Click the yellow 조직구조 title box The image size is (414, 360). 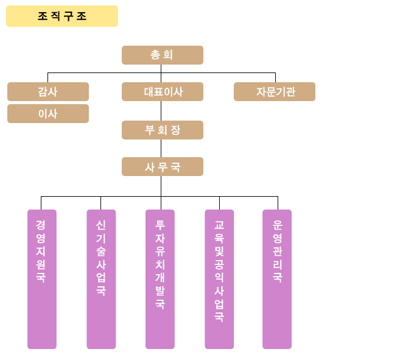(x=62, y=16)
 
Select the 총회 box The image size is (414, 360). (x=163, y=55)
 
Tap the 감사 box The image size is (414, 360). (x=48, y=91)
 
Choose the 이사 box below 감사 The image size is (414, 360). (x=48, y=113)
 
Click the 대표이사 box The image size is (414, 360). (x=163, y=91)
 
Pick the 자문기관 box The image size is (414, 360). (x=275, y=91)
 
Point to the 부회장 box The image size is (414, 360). (x=163, y=130)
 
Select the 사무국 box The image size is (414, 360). (x=163, y=167)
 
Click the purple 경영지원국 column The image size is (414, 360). (x=42, y=279)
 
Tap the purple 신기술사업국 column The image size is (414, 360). (x=101, y=279)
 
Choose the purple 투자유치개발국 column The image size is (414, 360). (x=160, y=279)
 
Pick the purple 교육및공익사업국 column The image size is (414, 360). (x=219, y=279)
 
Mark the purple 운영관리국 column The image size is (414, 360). (x=277, y=279)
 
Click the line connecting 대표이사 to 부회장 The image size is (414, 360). (x=161, y=111)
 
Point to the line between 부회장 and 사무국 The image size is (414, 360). (x=161, y=149)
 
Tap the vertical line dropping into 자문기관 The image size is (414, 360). (x=275, y=77)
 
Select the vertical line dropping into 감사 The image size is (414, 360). (x=47, y=77)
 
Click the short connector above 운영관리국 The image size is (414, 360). (x=278, y=203)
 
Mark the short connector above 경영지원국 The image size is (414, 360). (x=41, y=203)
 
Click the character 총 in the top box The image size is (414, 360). (x=155, y=55)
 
